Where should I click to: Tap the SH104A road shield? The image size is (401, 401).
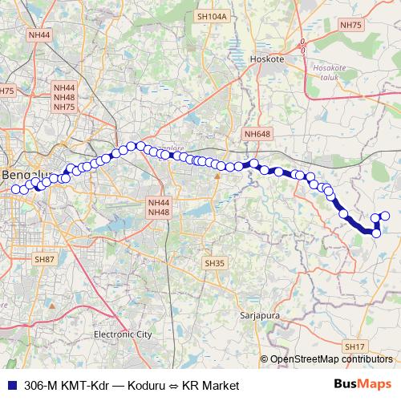click(x=212, y=16)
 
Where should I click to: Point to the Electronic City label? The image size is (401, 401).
click(x=123, y=334)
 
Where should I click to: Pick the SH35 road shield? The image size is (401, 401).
click(x=215, y=263)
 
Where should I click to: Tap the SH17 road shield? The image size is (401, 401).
click(x=354, y=346)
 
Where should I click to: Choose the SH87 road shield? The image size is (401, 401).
click(x=44, y=260)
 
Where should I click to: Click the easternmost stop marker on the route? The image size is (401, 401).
click(x=385, y=215)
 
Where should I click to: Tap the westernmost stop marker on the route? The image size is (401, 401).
click(x=15, y=189)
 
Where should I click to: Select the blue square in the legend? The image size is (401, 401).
click(x=11, y=385)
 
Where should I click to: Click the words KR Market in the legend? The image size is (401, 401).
click(x=211, y=385)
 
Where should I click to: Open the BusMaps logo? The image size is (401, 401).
click(x=363, y=384)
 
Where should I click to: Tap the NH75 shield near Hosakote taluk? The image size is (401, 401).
click(x=350, y=26)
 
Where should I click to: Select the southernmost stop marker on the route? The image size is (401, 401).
click(x=376, y=233)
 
